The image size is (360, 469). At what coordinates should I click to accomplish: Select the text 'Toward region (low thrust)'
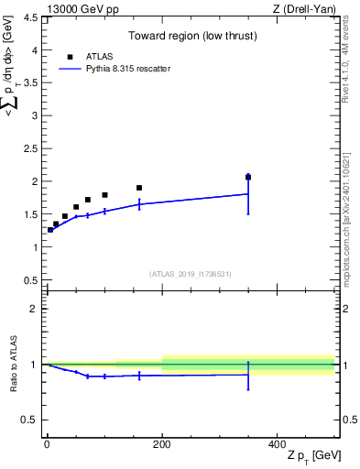click(x=191, y=38)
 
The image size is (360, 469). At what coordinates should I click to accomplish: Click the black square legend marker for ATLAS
click(x=70, y=57)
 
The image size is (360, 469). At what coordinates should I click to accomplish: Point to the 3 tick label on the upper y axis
click(x=33, y=115)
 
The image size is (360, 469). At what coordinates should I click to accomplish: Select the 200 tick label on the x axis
click(x=162, y=445)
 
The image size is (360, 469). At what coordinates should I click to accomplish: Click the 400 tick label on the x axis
click(x=277, y=445)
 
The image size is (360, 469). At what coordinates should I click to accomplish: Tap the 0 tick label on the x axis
click(x=48, y=445)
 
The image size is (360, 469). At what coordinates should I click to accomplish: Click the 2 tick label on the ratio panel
click(x=33, y=309)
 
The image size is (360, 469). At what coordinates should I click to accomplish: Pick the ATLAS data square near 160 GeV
click(x=139, y=188)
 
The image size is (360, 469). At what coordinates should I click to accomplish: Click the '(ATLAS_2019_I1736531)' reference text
click(x=191, y=274)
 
